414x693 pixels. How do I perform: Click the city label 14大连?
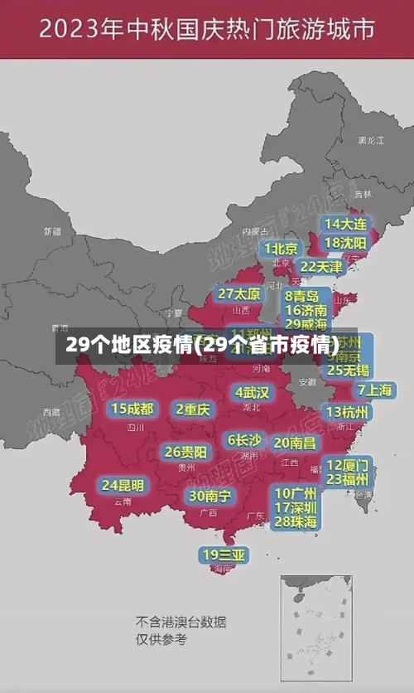345,224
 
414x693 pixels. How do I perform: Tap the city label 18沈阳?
345,243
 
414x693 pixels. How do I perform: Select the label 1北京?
282,249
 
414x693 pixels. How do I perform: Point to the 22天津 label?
321,267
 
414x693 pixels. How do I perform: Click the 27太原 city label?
239,294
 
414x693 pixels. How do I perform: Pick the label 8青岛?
302,296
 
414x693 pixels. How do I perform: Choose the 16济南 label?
306,310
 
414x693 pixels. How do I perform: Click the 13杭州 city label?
349,412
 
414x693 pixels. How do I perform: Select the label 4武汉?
253,392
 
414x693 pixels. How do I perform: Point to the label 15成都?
132,409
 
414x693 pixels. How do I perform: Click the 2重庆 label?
194,409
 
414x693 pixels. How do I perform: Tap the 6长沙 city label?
245,440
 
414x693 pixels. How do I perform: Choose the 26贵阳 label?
185,452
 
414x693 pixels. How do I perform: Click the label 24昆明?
123,485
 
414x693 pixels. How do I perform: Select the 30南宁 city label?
209,496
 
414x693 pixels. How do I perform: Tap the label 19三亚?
223,555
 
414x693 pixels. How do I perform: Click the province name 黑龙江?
371,141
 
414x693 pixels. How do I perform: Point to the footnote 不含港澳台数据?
181,622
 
